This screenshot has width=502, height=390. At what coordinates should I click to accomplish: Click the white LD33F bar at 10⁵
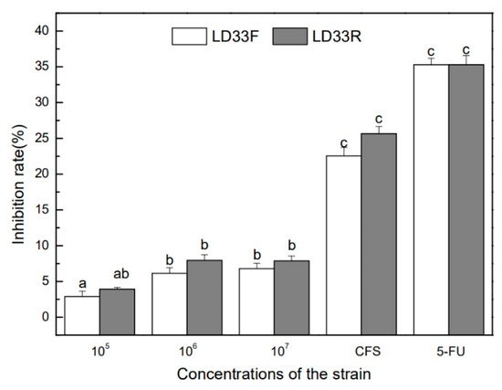pos(82,315)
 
